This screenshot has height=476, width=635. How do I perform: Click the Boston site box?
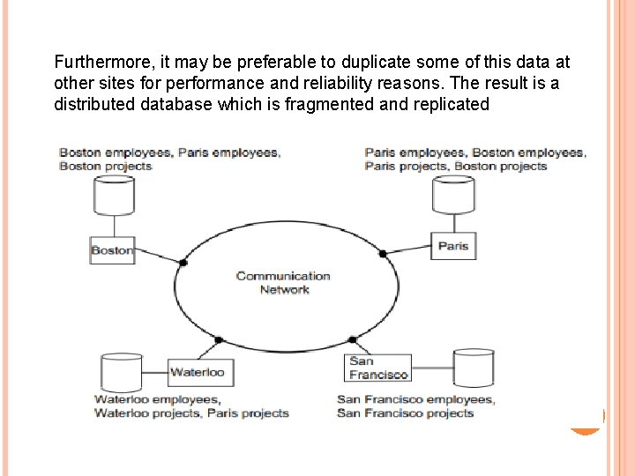tap(111, 250)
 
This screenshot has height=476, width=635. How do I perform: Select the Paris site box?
tap(453, 246)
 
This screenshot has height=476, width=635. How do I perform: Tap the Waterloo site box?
tap(197, 372)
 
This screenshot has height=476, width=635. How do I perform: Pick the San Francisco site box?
tap(378, 368)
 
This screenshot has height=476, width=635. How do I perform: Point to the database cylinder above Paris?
tap(453, 196)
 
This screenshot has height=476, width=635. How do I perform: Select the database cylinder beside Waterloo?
tap(122, 372)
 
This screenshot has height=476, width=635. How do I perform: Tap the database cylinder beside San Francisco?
tap(474, 368)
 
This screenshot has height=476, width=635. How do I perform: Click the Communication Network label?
tap(283, 282)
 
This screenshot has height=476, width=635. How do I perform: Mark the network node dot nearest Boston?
tap(183, 263)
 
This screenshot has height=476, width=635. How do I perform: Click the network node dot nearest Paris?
tap(383, 254)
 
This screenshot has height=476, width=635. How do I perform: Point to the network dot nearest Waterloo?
tap(218, 339)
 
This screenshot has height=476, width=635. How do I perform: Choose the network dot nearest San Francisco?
tap(352, 338)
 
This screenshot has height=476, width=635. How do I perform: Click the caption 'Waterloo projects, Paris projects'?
tap(191, 413)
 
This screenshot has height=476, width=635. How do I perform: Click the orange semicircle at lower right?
tap(586, 423)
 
